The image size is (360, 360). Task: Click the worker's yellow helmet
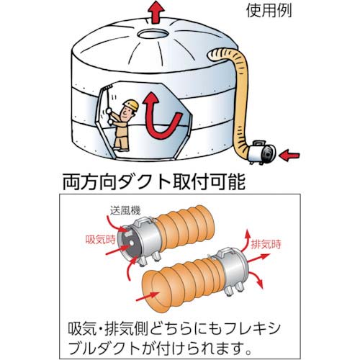[x=130, y=106]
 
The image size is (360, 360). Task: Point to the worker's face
[x=132, y=112]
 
